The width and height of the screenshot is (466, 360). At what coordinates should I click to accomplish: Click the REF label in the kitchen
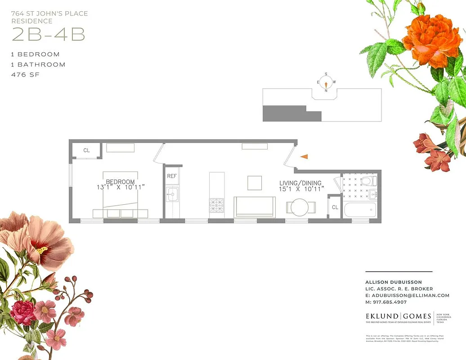click(172, 176)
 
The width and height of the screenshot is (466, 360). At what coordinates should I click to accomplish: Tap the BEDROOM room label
click(120, 182)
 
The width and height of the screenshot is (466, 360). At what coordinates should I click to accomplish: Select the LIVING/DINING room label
click(300, 183)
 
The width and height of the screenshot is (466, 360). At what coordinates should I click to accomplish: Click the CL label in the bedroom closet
click(86, 150)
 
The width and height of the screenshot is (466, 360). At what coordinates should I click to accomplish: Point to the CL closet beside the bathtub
click(335, 207)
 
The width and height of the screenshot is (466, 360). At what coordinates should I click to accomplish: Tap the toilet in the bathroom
click(368, 181)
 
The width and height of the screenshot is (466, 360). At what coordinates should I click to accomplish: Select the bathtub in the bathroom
click(359, 210)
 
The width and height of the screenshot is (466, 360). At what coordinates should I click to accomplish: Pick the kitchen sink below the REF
click(172, 194)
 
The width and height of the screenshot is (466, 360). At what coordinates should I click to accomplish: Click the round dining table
click(299, 207)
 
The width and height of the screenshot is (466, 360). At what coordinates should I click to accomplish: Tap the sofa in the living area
click(255, 207)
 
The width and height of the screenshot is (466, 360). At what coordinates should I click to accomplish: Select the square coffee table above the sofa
click(254, 183)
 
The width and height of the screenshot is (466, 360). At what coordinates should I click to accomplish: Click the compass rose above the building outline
click(326, 82)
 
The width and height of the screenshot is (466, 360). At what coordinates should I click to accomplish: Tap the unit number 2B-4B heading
click(48, 35)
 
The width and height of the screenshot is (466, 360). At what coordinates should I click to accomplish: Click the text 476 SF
click(25, 75)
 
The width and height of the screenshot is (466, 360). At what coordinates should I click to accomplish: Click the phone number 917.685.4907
click(390, 302)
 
